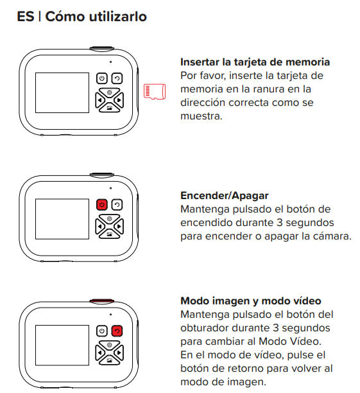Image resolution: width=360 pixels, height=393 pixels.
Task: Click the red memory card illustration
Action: click(155, 91)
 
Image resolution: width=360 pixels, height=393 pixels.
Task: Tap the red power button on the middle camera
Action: click(102, 204)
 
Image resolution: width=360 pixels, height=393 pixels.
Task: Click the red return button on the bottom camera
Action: click(117, 331)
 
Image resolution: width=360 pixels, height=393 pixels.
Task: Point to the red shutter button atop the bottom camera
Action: click(102, 301)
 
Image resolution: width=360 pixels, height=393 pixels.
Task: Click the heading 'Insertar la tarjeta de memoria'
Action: click(255, 62)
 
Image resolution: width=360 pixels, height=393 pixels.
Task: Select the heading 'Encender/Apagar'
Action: click(225, 195)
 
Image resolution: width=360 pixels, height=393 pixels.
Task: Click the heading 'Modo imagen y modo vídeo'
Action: click(251, 301)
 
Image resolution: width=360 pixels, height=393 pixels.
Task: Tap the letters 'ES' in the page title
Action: click(26, 17)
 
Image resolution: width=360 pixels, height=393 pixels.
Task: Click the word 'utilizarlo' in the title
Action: click(117, 17)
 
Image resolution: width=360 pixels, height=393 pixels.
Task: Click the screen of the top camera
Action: click(62, 92)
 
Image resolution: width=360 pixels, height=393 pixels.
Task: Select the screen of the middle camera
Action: click(62, 219)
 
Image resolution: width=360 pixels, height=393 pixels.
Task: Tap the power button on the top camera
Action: click(102, 78)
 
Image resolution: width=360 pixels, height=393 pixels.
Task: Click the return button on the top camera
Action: click(117, 78)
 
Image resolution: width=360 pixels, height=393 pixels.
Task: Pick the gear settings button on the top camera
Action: click(110, 92)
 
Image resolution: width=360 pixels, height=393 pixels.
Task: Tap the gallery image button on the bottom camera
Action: click(110, 360)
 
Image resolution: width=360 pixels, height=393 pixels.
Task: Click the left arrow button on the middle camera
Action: click(99, 227)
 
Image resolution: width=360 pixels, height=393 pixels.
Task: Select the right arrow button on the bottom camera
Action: click(119, 353)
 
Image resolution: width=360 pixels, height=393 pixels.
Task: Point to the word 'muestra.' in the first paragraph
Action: click(201, 116)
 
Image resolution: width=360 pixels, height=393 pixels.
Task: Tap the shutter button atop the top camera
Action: click(102, 48)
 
